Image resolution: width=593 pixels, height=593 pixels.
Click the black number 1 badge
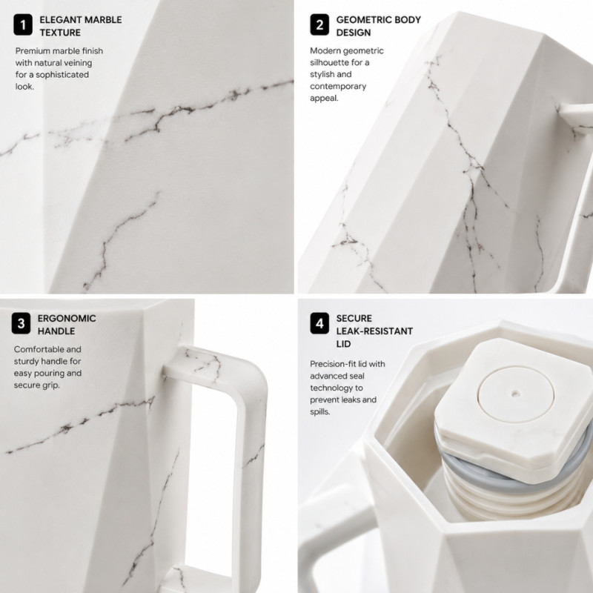coord(23,25)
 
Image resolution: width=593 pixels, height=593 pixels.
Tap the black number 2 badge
coord(319,25)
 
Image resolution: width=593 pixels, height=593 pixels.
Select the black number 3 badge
coord(21,323)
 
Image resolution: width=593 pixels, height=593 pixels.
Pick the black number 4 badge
coord(319,323)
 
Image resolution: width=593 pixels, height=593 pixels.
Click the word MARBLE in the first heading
coord(103,20)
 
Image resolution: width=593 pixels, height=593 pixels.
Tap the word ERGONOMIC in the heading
coord(67,319)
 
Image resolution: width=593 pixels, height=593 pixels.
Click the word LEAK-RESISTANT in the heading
coord(374,331)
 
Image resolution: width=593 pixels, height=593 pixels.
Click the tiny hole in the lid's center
coord(514,394)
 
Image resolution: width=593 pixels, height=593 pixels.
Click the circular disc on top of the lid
coord(515,394)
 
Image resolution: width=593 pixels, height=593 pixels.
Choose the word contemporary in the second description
coord(338,87)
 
